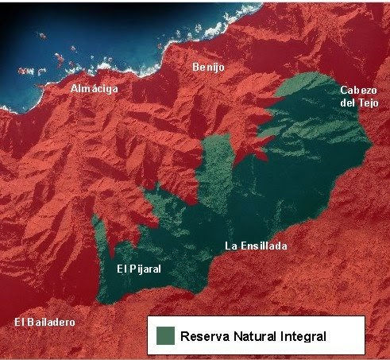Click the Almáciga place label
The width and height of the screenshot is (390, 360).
pos(94,89)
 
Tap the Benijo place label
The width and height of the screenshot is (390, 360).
pos(208,68)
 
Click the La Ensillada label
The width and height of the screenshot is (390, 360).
pos(255,246)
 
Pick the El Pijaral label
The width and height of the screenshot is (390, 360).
pos(139,269)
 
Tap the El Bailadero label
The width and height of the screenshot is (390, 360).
pos(45,322)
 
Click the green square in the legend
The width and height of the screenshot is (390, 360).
pos(165,335)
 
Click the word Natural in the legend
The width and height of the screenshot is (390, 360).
pos(255,336)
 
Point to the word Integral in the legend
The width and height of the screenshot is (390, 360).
pos(304,337)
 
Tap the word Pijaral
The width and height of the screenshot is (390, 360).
pos(145,269)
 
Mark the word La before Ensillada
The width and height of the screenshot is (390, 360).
pos(230,246)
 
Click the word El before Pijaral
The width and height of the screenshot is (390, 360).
pos(122,269)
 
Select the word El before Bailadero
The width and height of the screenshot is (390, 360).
pos(21,322)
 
